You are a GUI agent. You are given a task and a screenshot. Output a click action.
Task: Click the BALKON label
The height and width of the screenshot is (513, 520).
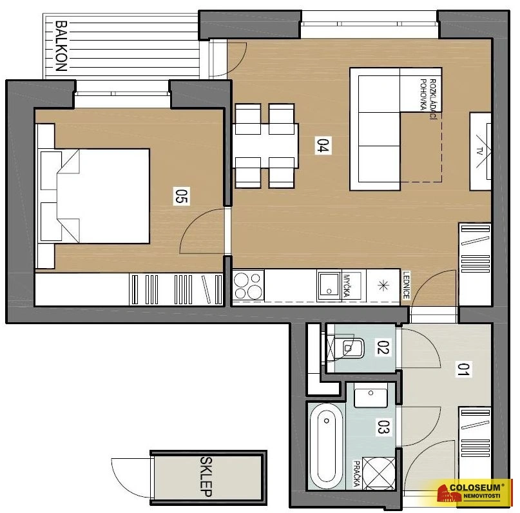[x=61, y=46]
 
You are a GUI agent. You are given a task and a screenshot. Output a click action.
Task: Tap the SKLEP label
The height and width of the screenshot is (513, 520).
[x=206, y=477]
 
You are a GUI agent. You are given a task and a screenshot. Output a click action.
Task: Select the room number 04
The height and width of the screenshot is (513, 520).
[x=323, y=146]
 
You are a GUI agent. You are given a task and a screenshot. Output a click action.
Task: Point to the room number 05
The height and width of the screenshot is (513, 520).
[x=182, y=196]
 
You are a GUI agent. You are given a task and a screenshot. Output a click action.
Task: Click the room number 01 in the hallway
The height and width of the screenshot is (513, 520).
[x=464, y=369]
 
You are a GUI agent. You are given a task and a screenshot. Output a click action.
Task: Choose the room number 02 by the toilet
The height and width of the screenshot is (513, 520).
[x=383, y=347]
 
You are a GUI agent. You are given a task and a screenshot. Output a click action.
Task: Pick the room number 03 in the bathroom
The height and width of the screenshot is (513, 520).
[x=383, y=427]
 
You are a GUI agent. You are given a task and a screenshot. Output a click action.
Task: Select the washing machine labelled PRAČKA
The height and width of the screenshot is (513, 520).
[x=379, y=473]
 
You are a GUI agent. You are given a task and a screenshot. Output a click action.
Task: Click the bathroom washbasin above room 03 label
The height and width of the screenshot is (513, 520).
[x=371, y=395]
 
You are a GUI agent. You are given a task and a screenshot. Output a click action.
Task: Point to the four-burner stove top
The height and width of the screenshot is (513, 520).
[x=248, y=286]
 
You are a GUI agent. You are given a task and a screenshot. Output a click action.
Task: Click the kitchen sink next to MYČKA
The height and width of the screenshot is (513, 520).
[x=329, y=286]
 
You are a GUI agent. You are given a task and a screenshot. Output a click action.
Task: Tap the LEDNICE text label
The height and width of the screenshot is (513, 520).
[x=406, y=285]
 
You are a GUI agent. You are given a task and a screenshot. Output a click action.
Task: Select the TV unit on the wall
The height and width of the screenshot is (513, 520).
[x=480, y=151]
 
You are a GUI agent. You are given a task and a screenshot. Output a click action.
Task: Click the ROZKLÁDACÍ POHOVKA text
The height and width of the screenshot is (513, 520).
[x=428, y=99]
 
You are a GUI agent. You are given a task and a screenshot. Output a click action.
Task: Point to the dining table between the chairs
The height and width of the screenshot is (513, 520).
[x=265, y=146]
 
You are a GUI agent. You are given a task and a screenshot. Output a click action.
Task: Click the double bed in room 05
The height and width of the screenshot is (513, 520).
[x=103, y=196]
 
